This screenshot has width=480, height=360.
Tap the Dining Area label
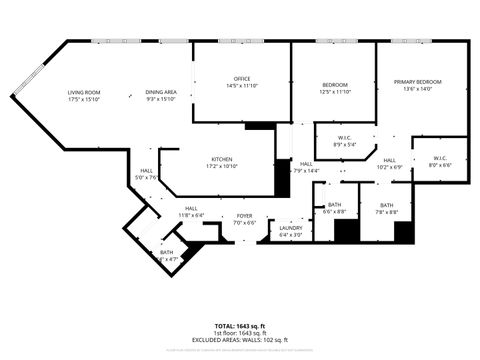(161, 92)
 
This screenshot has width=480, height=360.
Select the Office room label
(242, 79)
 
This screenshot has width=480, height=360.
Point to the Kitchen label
(221, 159)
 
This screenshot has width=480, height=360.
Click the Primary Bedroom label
(417, 82)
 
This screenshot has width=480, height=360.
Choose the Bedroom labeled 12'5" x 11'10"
(334, 85)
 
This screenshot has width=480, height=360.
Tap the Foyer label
(244, 215)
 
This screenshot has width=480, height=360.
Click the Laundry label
(291, 228)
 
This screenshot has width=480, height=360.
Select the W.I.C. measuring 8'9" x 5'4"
(344, 138)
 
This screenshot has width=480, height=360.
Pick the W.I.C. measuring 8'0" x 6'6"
(440, 157)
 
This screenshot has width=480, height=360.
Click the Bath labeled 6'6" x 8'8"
(334, 205)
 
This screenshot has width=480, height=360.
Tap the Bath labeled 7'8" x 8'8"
(386, 205)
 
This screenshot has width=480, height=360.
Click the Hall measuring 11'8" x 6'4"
(190, 208)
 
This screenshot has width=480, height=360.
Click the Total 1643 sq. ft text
(240, 326)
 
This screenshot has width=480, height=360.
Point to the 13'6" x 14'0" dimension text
(417, 89)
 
